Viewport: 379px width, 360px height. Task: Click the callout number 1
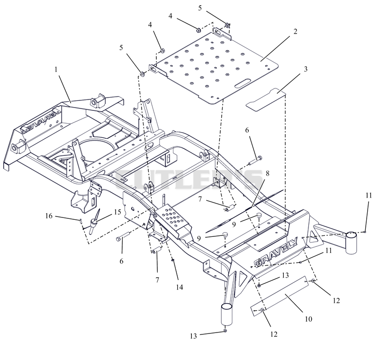coord(56,70)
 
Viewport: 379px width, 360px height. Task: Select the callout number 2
coord(295,31)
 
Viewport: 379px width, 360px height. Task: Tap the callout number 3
coord(306,69)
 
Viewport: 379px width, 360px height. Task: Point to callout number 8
coord(267,173)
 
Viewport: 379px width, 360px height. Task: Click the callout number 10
coord(308,319)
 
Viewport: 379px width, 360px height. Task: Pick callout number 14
coord(180,287)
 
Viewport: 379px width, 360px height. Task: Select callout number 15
coord(117,212)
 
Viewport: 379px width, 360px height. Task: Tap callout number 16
coord(49,216)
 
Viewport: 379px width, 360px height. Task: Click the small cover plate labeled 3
coord(266,100)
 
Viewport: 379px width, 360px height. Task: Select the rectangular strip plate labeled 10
coord(280,296)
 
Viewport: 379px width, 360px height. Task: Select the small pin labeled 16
coord(81,221)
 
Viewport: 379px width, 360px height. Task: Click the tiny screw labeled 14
coord(172,260)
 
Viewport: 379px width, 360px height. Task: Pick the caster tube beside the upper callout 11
coord(351,243)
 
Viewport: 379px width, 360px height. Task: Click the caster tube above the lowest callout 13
coord(227,314)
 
